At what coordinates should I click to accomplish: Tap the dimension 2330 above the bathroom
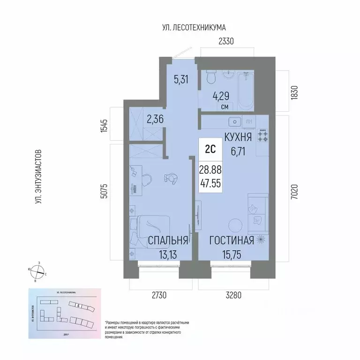(225, 42)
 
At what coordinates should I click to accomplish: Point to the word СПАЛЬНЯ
(168, 241)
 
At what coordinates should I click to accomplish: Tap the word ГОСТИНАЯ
(232, 241)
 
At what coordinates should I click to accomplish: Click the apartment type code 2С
(210, 149)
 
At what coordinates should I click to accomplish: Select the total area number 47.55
(210, 184)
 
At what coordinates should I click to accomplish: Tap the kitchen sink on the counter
(234, 123)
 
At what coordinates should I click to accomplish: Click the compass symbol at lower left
(39, 272)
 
